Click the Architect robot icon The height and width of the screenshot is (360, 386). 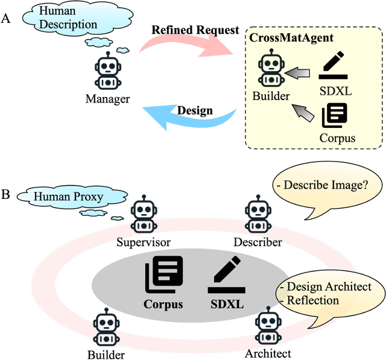click(x=267, y=327)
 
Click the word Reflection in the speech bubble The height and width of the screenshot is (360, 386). click(x=313, y=300)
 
